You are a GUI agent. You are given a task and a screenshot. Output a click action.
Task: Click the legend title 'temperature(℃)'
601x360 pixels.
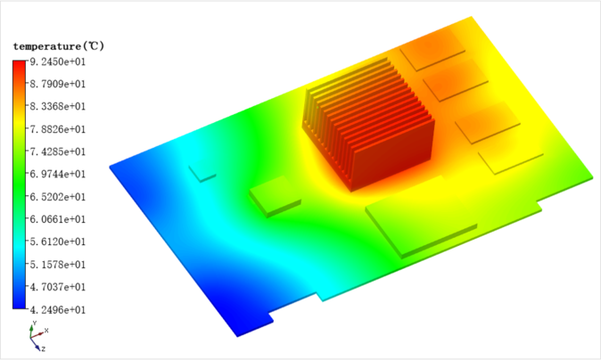coord(59,46)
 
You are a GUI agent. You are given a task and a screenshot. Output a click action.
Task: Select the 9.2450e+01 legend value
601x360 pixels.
coord(58,61)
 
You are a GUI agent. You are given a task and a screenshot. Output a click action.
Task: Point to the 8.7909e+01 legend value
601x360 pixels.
coord(58,84)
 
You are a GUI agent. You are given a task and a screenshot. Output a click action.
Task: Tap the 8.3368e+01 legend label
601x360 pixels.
coord(58,106)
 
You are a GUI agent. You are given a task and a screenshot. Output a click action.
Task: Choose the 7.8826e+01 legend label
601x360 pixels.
coord(58,129)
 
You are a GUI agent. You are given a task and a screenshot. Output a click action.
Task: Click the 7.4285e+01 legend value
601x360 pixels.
coord(58,151)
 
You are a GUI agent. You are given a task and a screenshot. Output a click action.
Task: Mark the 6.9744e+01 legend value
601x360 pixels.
coord(58,174)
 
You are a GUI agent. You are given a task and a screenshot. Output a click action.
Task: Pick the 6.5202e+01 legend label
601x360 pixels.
coord(58,197)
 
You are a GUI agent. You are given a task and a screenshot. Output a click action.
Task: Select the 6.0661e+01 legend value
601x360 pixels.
coord(58,219)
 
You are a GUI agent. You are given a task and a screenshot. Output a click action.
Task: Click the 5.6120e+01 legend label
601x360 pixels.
coord(58,241)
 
